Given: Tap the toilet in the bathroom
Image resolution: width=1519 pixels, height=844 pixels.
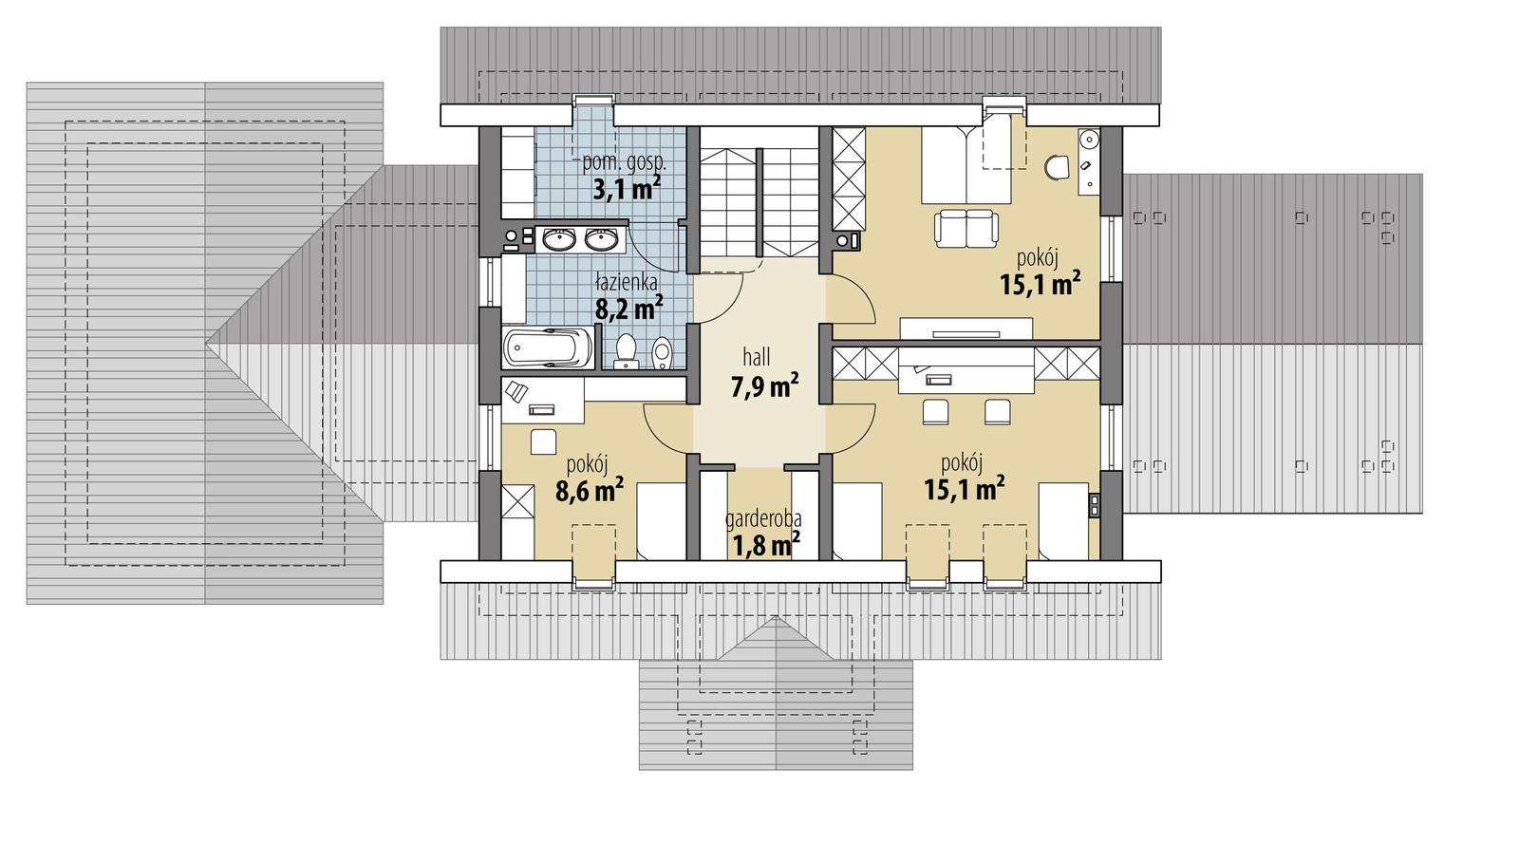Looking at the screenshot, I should [x=626, y=350].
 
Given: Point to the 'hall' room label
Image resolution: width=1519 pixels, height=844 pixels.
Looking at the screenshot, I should [x=757, y=358].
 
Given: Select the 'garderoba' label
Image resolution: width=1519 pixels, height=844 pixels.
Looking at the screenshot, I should [x=763, y=519].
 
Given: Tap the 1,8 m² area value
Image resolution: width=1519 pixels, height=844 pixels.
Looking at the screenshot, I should [x=765, y=545].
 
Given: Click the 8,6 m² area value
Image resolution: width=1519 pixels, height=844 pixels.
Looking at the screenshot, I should [x=589, y=491].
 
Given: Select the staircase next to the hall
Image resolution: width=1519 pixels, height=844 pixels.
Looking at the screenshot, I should [x=759, y=200].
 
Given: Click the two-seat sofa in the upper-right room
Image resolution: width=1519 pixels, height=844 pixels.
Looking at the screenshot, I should [x=966, y=227].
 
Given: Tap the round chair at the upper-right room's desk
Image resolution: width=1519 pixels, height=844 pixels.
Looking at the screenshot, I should [x=1056, y=168].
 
